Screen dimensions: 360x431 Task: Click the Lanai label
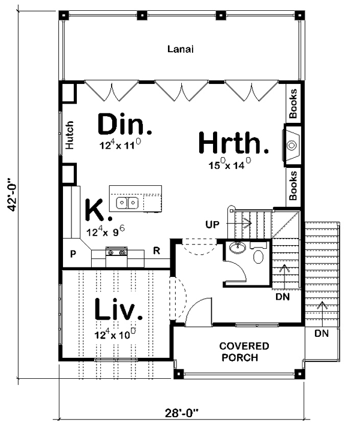(181, 49)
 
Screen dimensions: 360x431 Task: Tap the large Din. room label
(125, 125)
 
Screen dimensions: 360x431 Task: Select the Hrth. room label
(233, 143)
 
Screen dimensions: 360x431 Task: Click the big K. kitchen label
(99, 210)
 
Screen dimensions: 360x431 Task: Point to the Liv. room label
(119, 309)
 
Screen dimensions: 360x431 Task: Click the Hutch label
(70, 135)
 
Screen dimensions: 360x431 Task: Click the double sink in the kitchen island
(127, 203)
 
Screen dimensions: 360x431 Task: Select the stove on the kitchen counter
(116, 252)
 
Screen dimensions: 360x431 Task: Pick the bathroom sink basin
(237, 248)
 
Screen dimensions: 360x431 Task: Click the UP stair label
(212, 225)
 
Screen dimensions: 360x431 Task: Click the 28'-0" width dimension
(182, 413)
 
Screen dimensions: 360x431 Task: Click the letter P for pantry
(73, 254)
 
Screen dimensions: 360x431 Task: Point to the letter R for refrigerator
(157, 251)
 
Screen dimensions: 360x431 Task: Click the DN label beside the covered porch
(322, 333)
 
